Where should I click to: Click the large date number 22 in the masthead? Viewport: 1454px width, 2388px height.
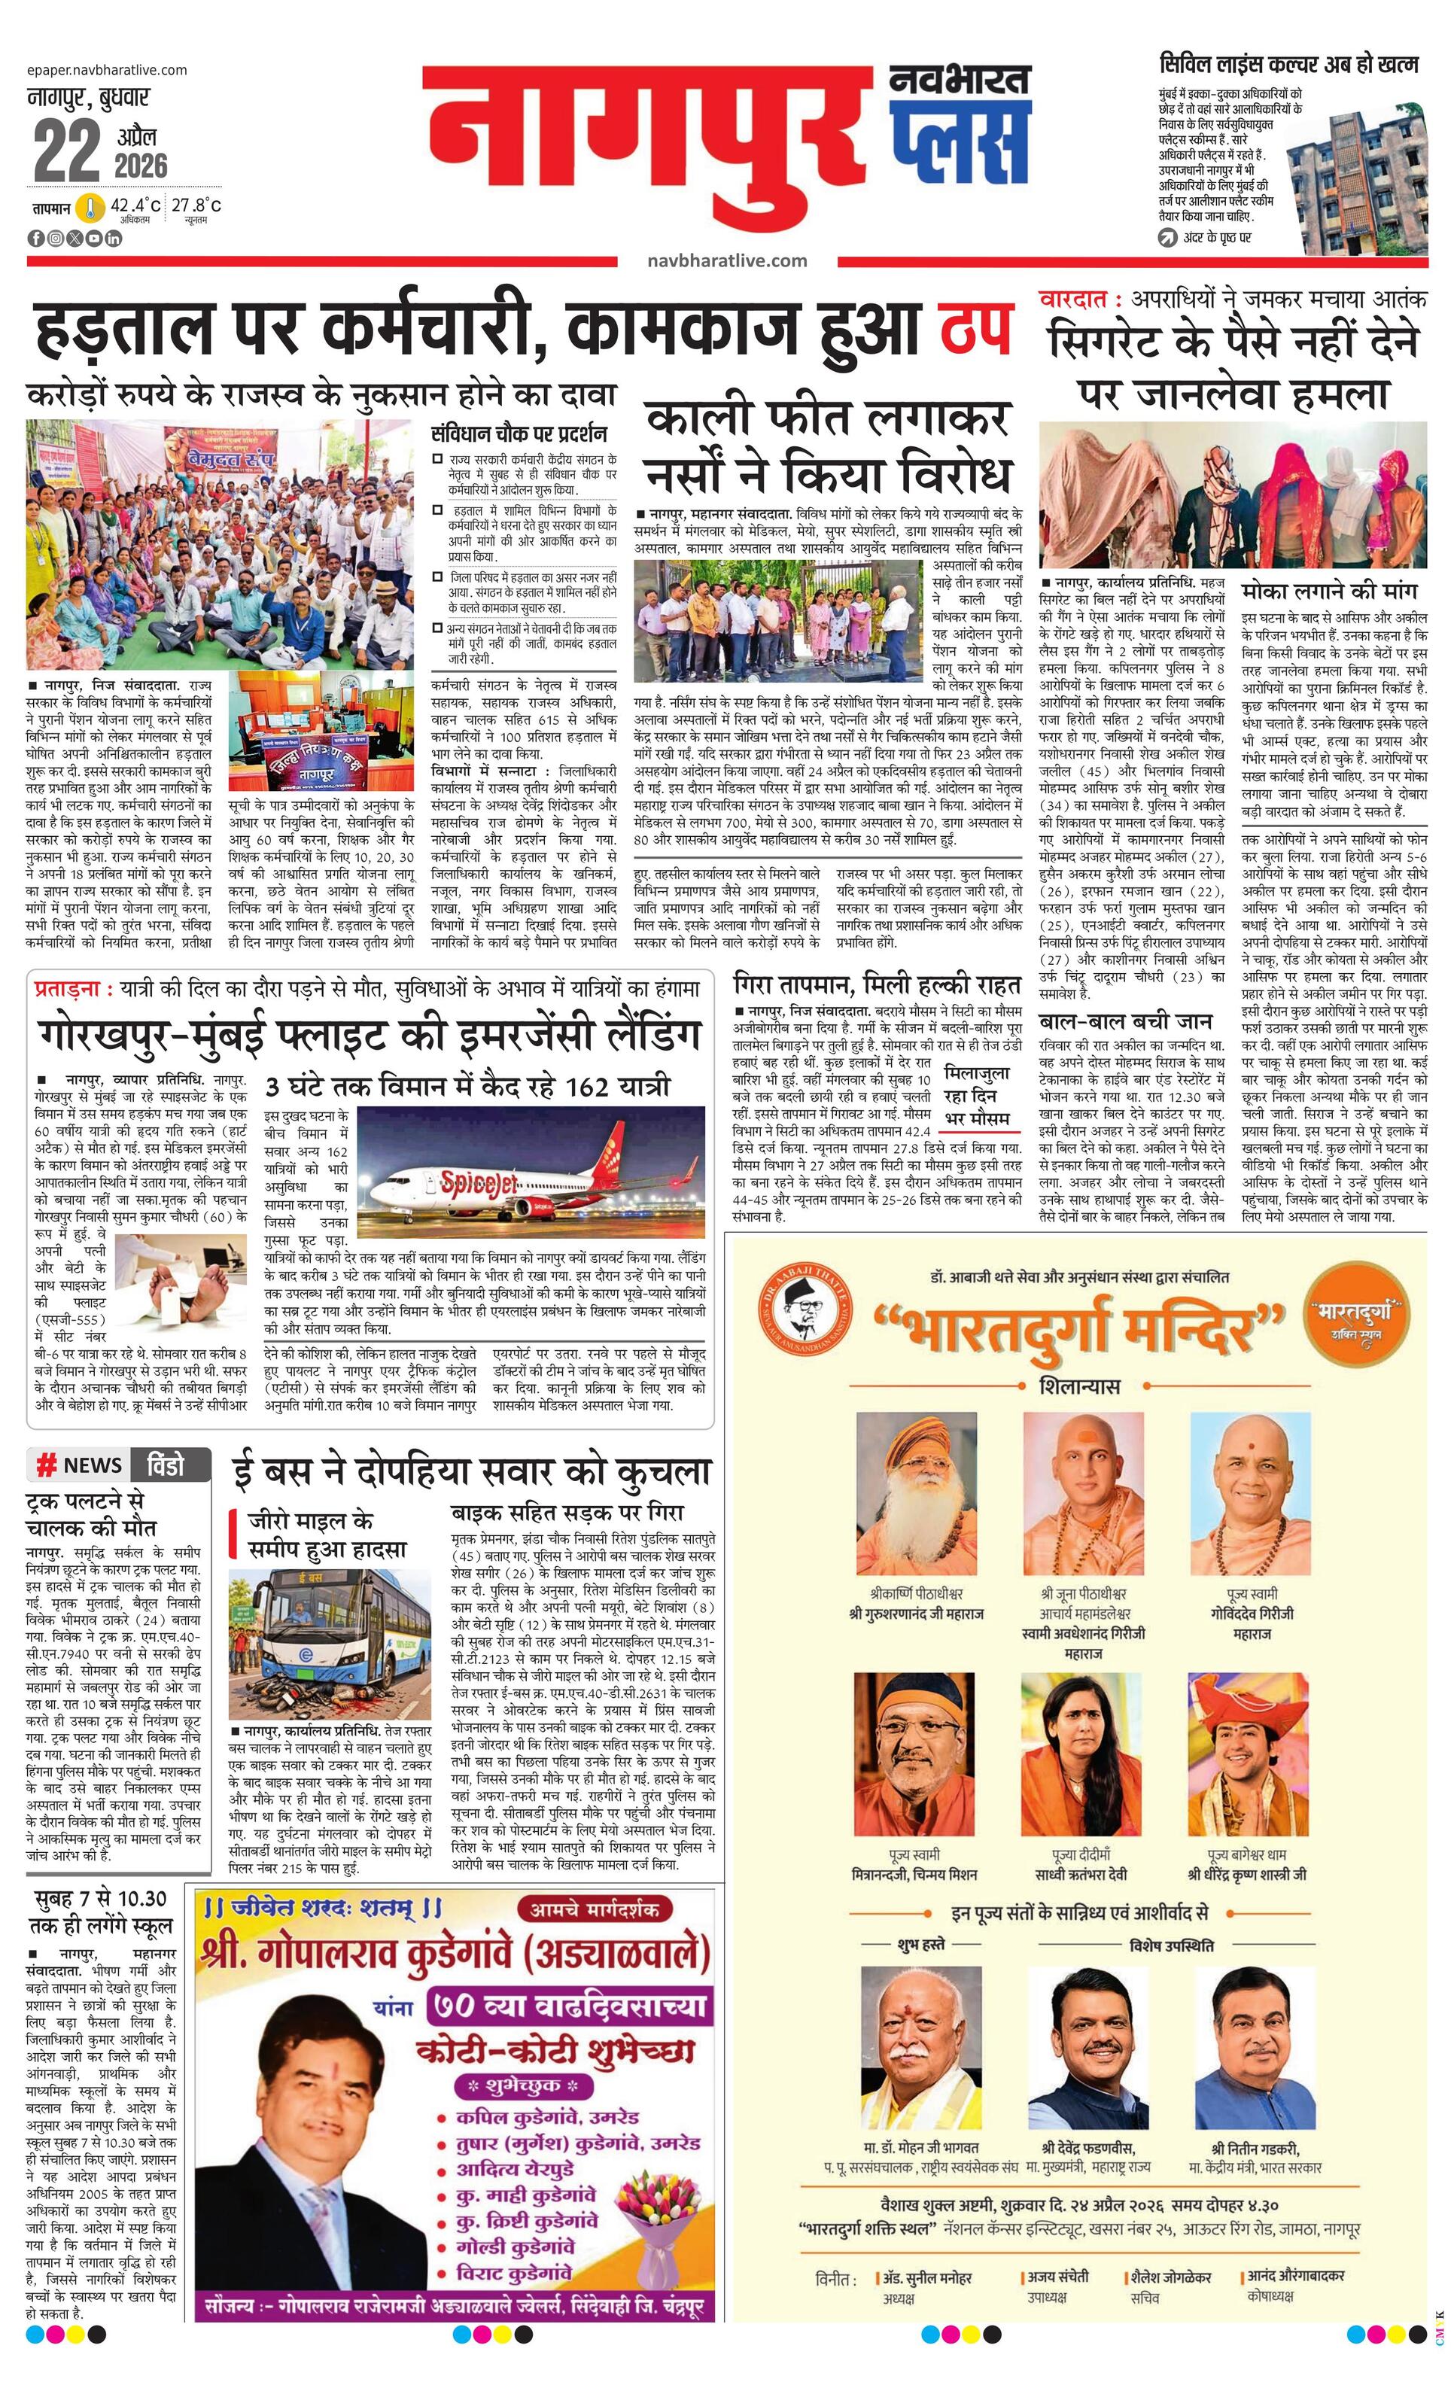click(x=66, y=151)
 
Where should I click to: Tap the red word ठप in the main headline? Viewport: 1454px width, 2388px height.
click(x=974, y=327)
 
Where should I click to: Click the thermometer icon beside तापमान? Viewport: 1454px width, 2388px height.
click(x=90, y=208)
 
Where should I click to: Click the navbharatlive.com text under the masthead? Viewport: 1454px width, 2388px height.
click(x=727, y=260)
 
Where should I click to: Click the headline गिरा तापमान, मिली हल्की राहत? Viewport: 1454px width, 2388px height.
click(x=878, y=986)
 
